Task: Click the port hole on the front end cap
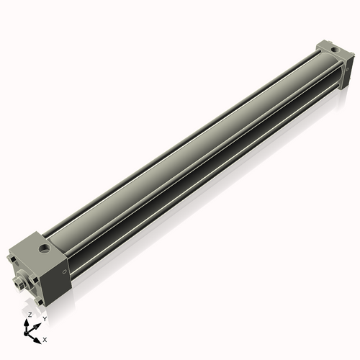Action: [x=45, y=249]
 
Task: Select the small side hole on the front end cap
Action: [x=66, y=272]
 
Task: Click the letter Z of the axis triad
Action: [x=29, y=315]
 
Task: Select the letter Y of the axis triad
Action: [x=44, y=318]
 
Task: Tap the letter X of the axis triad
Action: [x=45, y=338]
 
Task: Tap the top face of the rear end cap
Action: [x=331, y=49]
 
